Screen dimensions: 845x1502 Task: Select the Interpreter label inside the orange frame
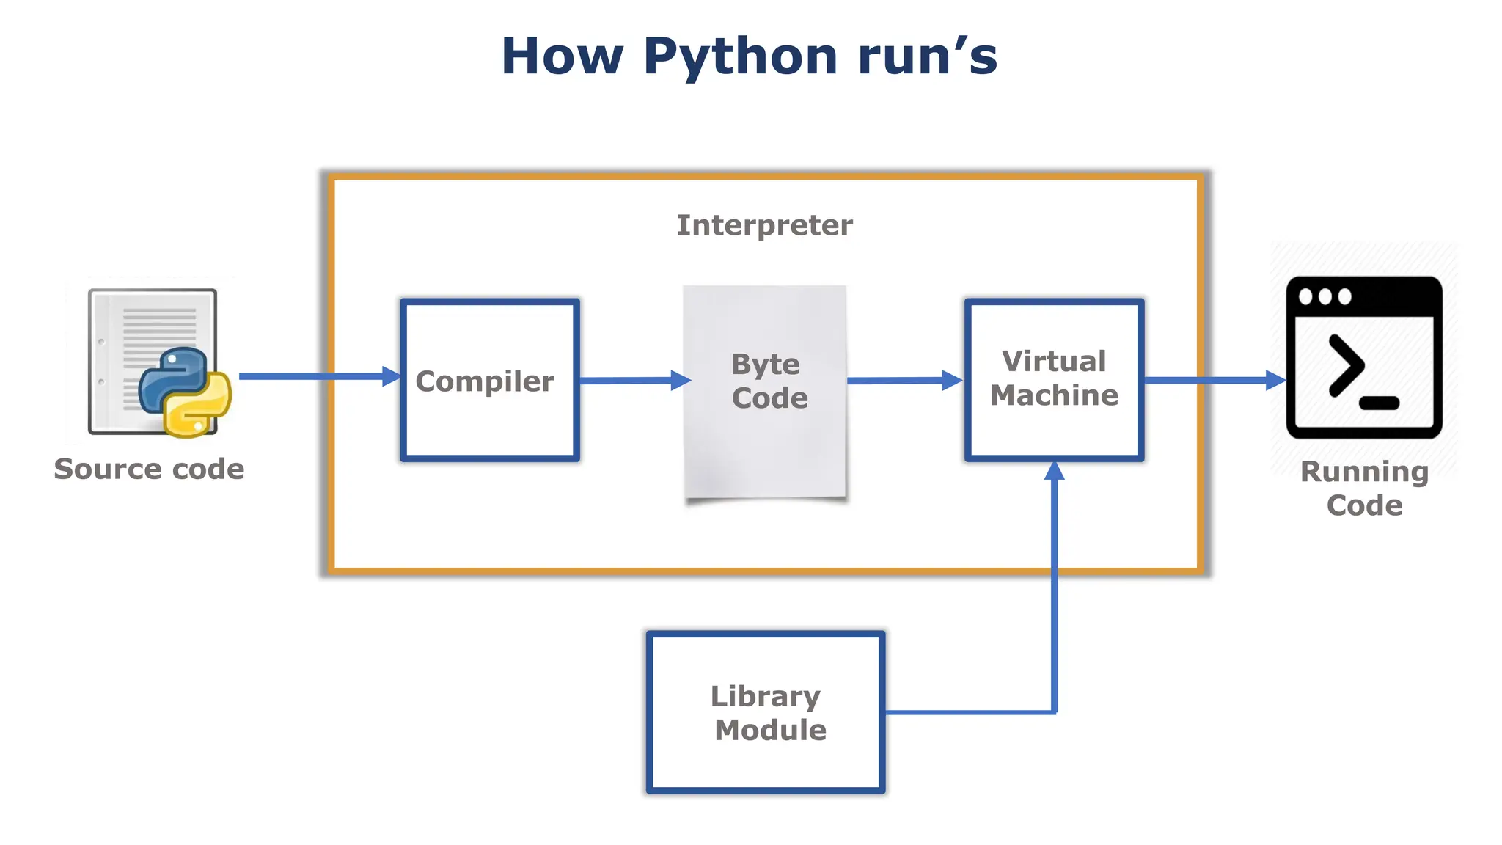pos(764,225)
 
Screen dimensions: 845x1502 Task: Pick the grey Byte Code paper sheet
pos(765,440)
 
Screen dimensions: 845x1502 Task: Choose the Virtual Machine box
pos(1054,425)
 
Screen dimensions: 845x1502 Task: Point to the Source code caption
pos(149,469)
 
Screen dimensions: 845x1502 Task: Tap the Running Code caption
pos(1364,488)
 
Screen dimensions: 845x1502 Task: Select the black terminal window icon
pos(1364,357)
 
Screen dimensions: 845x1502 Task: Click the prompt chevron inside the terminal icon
pos(1346,365)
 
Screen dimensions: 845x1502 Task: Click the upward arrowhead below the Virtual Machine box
pos(1054,471)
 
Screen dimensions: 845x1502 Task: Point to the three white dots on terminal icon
pos(1325,297)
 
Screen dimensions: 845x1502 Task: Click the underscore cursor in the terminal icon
pos(1379,403)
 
